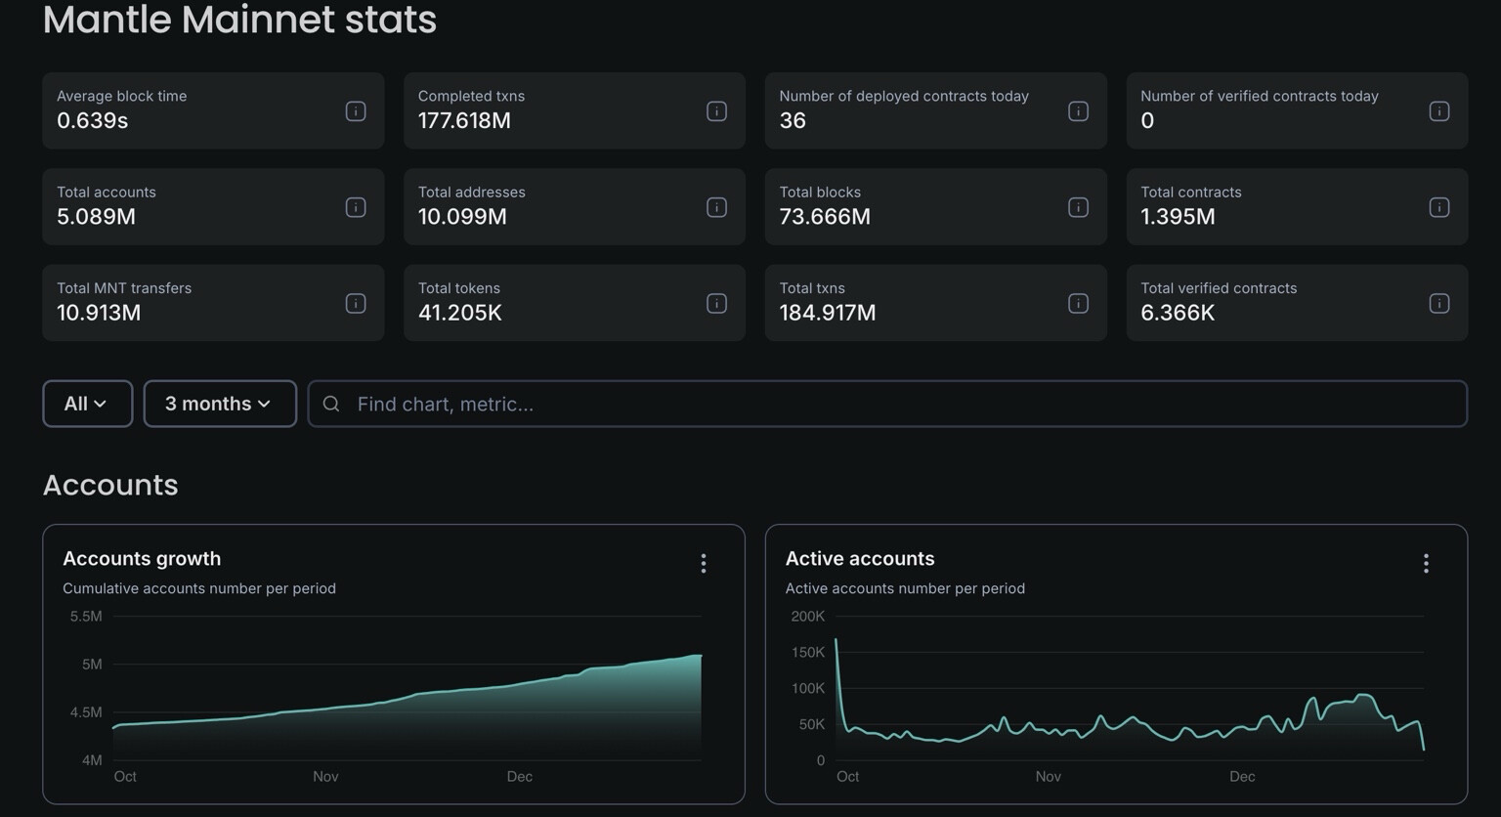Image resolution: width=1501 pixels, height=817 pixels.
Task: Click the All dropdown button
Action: click(x=87, y=404)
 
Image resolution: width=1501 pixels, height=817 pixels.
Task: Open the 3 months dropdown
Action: click(x=220, y=404)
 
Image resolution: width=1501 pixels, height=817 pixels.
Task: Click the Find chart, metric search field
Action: click(x=887, y=404)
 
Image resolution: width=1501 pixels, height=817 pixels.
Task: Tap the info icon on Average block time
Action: click(x=356, y=111)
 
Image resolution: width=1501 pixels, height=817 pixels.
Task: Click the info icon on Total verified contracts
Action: click(x=1438, y=303)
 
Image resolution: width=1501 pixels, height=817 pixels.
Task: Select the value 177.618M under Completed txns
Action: click(x=464, y=120)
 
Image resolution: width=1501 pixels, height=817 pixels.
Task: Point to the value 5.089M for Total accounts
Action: click(x=96, y=216)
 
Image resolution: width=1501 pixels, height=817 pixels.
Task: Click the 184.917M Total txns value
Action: click(x=827, y=313)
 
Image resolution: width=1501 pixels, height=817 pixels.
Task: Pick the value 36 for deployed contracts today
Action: click(x=793, y=120)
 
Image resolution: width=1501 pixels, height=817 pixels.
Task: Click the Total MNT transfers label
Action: click(x=124, y=288)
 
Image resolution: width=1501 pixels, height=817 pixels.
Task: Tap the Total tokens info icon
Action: click(x=716, y=303)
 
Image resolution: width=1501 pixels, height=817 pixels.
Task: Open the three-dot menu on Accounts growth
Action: click(x=704, y=563)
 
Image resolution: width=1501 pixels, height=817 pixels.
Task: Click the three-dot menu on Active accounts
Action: click(x=1426, y=563)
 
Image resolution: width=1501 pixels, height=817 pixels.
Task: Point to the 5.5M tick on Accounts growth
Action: click(x=86, y=617)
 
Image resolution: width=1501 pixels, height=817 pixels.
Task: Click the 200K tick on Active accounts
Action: click(x=807, y=617)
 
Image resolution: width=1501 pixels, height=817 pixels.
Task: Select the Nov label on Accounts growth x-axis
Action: click(x=325, y=777)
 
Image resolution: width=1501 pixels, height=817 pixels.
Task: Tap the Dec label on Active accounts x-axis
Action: click(x=1242, y=777)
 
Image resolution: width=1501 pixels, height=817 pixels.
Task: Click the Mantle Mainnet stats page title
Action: click(x=239, y=20)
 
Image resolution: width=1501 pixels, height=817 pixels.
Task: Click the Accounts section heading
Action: click(x=110, y=485)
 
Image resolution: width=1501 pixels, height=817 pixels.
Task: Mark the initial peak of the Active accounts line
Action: click(x=836, y=640)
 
